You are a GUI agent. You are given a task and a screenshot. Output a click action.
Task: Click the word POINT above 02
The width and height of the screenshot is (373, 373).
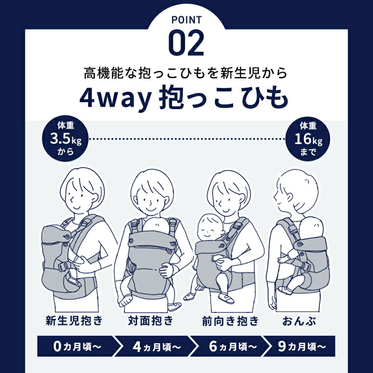(186, 20)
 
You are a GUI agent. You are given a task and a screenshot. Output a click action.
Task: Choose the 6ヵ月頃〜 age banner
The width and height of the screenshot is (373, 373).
(230, 347)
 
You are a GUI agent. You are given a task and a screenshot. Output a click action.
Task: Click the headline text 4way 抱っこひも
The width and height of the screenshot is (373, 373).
(186, 97)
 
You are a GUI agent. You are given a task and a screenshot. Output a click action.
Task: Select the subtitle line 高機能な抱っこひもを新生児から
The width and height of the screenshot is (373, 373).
(186, 73)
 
